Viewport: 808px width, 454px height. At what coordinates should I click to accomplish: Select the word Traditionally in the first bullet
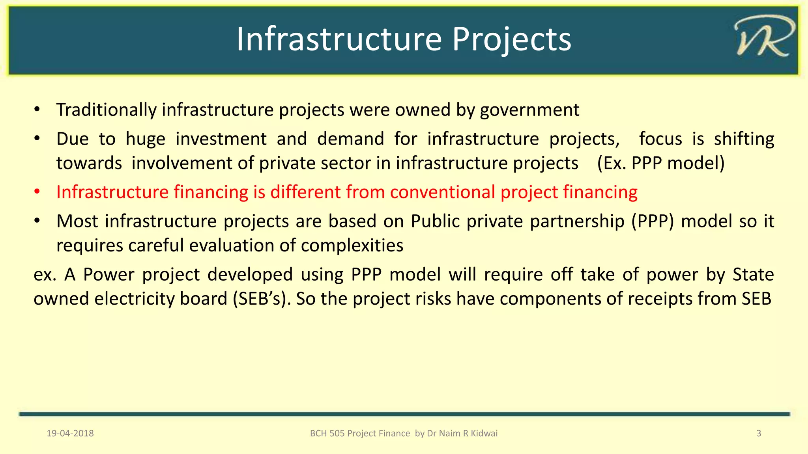(x=106, y=110)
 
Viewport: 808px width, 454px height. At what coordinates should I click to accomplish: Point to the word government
(x=529, y=110)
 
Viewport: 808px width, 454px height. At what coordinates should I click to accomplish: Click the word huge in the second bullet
(x=145, y=139)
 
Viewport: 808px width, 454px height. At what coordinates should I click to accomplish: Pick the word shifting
(x=744, y=139)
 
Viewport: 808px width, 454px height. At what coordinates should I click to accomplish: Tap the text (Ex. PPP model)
(x=661, y=163)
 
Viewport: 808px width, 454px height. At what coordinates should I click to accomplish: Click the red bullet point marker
(x=37, y=192)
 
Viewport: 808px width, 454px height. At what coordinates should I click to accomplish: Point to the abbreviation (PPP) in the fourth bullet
(x=653, y=221)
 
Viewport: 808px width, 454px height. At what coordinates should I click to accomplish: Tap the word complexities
(x=352, y=246)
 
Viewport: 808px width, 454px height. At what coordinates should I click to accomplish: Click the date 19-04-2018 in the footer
(x=70, y=434)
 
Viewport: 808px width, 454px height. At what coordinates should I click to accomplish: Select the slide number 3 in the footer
(x=758, y=434)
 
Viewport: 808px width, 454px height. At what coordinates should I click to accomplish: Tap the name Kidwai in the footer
(x=484, y=434)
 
